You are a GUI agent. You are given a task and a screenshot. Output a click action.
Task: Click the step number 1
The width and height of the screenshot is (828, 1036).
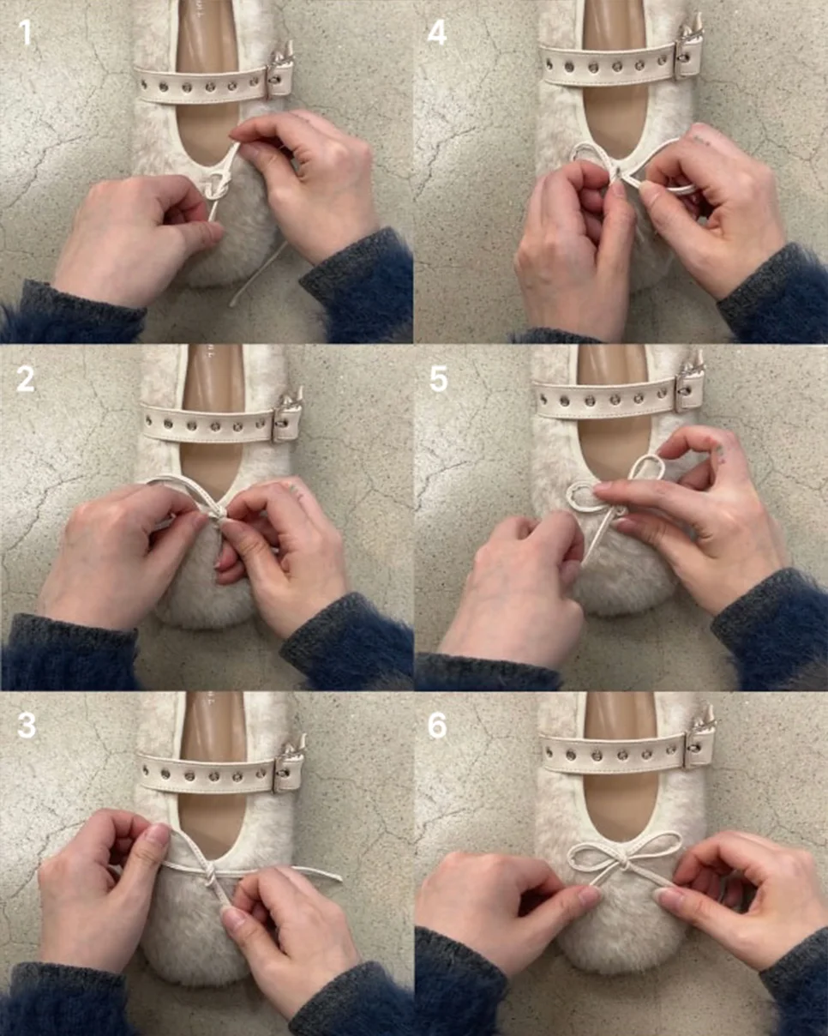(25, 33)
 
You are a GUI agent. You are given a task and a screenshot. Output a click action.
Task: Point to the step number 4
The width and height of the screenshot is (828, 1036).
(437, 33)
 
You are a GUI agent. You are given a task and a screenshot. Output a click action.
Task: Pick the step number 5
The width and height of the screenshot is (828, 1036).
(438, 379)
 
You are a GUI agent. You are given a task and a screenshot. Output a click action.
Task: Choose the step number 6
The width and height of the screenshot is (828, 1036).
(437, 725)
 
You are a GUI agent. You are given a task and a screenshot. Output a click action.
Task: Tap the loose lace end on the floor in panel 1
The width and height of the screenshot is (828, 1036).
(258, 274)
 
